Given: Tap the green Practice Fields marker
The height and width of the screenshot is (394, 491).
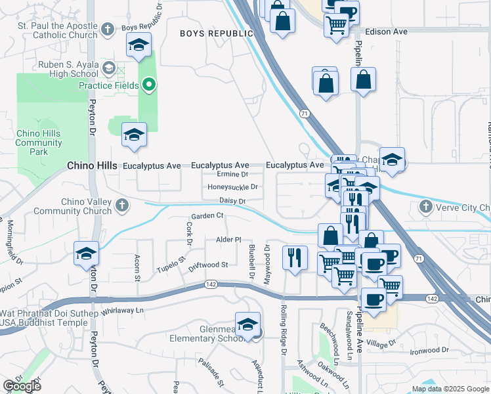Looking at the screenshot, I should [149, 85].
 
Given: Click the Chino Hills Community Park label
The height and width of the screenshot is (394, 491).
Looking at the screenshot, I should [39, 142].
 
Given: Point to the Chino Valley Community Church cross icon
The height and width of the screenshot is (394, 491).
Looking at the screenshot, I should [121, 206].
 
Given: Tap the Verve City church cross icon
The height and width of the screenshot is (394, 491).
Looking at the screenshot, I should [425, 208].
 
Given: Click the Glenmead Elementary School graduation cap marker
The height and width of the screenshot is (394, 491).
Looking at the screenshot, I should [247, 325].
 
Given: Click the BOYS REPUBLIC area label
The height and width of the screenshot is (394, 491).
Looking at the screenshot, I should [216, 33].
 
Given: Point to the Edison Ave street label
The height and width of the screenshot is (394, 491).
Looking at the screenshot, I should [386, 31].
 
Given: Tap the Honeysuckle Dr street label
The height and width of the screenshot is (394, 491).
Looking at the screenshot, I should [232, 187].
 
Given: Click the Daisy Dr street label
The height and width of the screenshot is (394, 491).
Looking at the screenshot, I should [232, 201].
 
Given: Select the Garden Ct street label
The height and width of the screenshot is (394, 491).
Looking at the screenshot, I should [207, 215].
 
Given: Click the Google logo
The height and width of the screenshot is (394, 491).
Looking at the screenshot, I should [22, 386].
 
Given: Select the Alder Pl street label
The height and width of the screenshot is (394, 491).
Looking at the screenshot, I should [228, 240].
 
